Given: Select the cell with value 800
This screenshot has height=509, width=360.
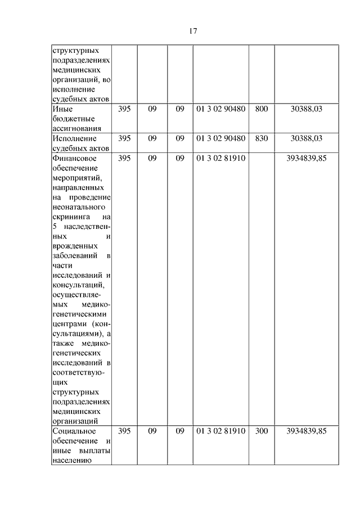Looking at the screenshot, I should click(262, 109).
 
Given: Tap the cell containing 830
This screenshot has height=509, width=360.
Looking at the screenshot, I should click(262, 138).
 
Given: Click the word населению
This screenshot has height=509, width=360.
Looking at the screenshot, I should click(71, 461).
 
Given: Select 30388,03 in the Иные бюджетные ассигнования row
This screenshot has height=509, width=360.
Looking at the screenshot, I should click(307, 109).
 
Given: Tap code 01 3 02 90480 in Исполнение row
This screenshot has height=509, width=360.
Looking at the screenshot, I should click(221, 138).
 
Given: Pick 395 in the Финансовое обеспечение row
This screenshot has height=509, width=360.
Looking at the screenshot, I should click(124, 158).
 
